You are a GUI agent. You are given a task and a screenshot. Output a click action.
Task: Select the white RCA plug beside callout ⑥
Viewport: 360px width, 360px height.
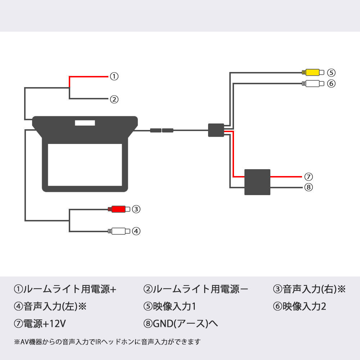point(314,84)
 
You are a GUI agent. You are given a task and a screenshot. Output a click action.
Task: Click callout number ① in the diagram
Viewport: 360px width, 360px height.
point(114,76)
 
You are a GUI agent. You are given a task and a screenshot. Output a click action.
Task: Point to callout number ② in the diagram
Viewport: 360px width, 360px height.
point(114,99)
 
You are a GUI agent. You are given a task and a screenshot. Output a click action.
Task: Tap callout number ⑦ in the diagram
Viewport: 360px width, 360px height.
point(309,177)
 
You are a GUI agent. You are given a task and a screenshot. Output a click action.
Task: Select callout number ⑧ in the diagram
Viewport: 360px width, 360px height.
point(309,187)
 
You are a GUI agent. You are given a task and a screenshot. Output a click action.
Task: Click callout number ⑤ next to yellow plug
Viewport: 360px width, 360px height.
point(331,72)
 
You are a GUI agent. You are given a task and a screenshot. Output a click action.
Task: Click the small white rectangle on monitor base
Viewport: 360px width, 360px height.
point(85,123)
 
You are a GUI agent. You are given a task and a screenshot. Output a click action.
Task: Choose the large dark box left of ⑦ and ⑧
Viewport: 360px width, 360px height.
point(257,182)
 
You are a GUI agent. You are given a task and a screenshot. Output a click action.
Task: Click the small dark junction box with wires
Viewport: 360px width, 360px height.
point(216,130)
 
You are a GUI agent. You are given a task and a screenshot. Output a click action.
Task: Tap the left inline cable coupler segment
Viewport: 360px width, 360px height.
point(156,130)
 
